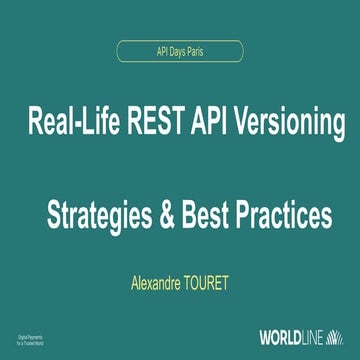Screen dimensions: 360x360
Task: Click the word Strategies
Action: pyautogui.click(x=101, y=214)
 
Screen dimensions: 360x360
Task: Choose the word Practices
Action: pyautogui.click(x=282, y=214)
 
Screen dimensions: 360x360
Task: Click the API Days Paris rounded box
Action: pyautogui.click(x=179, y=48)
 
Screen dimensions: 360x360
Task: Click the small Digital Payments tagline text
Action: pyautogui.click(x=36, y=337)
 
